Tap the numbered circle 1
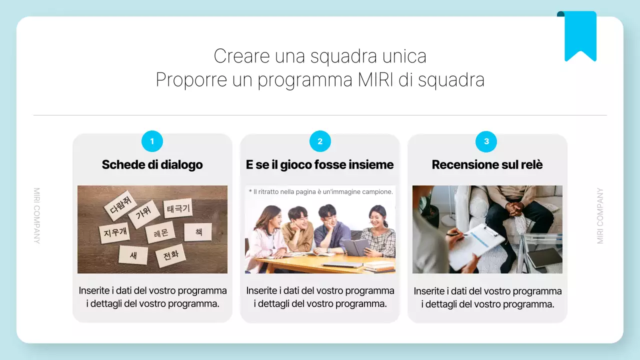click(152, 141)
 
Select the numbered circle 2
click(320, 141)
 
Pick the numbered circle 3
click(486, 141)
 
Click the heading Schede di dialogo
click(152, 164)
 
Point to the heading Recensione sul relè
click(487, 164)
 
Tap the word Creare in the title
click(242, 55)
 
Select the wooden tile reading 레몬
click(160, 232)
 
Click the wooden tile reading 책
click(198, 232)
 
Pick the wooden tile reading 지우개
click(115, 232)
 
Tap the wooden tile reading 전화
click(170, 255)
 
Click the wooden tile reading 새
click(133, 255)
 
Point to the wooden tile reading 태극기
click(178, 208)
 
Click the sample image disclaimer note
click(320, 191)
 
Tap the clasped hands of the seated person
click(515, 207)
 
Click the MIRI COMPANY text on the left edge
click(36, 215)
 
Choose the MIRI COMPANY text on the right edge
click(600, 215)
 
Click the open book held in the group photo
click(355, 246)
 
